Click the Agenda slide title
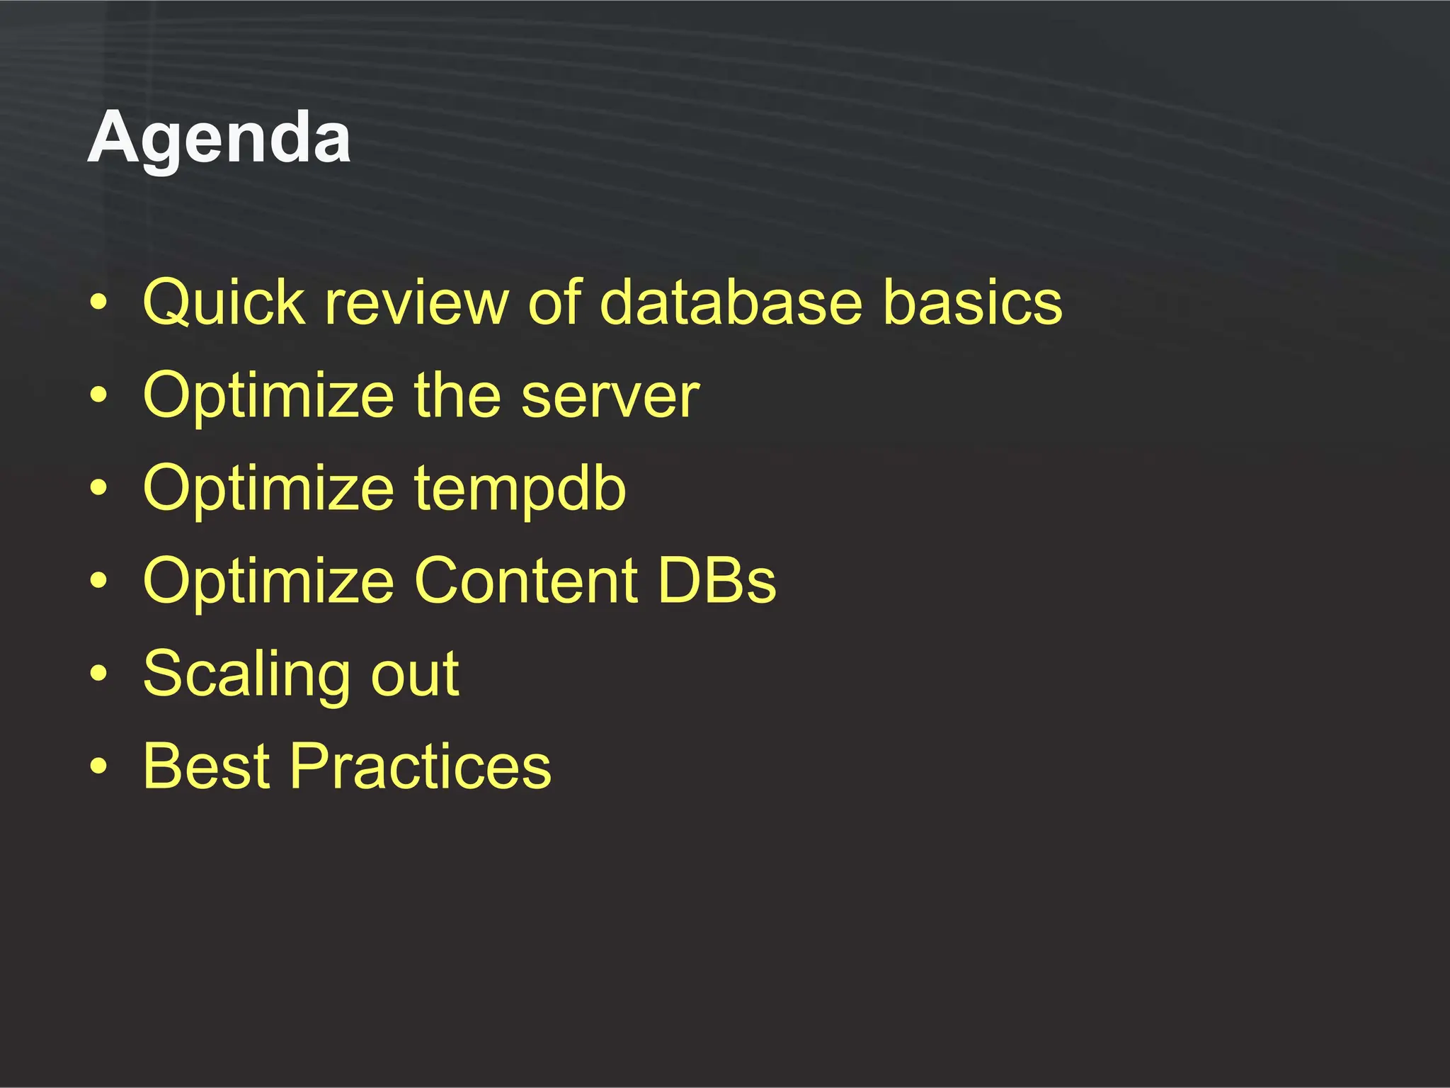click(x=219, y=139)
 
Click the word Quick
click(x=224, y=303)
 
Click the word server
click(x=610, y=396)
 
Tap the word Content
click(x=525, y=581)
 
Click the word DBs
click(x=717, y=581)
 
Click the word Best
click(x=207, y=766)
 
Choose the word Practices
click(x=421, y=766)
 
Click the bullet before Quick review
click(x=99, y=303)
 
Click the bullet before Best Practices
click(x=99, y=766)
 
